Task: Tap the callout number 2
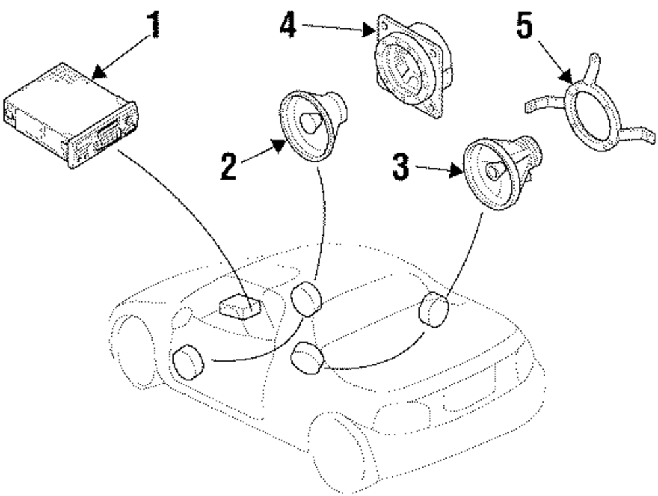click(228, 165)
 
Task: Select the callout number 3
click(401, 166)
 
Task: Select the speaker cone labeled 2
click(309, 122)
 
